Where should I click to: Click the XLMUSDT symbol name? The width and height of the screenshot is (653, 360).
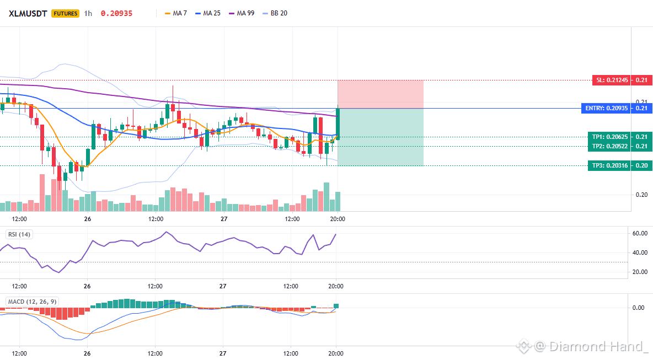click(28, 13)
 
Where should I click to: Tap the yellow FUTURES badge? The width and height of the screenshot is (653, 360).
click(66, 13)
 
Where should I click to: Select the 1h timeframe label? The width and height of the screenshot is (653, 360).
click(88, 13)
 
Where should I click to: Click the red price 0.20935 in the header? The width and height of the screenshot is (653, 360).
click(116, 13)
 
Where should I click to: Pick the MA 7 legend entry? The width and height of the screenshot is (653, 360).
click(176, 13)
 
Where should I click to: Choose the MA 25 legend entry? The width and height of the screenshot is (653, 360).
click(208, 13)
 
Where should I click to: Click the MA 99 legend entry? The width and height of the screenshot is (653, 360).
click(242, 13)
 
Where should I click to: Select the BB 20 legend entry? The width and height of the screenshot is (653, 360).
click(275, 13)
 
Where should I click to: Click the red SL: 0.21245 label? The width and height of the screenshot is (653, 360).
click(611, 80)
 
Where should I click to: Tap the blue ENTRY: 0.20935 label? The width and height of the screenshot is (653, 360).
click(606, 108)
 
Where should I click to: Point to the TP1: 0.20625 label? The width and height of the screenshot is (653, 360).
click(609, 137)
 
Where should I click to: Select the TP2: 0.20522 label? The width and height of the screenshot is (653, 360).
click(609, 146)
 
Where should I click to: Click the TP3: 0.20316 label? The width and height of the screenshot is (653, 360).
click(609, 165)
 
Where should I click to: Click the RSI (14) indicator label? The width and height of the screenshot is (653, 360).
click(19, 234)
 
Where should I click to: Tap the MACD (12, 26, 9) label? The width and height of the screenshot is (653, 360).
click(32, 302)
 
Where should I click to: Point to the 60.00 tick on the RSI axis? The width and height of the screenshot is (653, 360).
click(640, 234)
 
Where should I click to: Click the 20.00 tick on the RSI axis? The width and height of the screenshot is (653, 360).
click(640, 272)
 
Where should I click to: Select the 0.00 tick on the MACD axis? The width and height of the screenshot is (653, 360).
click(639, 308)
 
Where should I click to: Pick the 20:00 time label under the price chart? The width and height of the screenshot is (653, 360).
click(338, 219)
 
